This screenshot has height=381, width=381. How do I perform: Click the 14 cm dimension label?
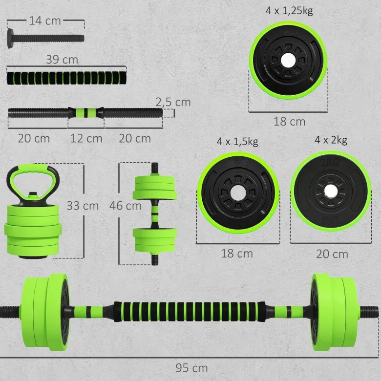pos(45,21)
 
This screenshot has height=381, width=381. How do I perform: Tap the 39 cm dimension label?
pos(62,60)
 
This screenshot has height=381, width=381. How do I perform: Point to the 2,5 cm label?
pos(173,102)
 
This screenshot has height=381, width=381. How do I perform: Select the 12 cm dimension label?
pos(86,139)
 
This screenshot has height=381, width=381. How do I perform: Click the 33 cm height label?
pos(83,206)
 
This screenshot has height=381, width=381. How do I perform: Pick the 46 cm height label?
pos(126,206)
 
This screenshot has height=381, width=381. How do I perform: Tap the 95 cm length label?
pos(191,368)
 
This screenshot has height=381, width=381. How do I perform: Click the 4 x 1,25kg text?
pos(289,11)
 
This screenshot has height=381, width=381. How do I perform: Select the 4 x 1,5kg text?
pos(237,142)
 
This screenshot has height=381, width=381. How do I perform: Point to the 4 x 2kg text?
pos(331,140)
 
